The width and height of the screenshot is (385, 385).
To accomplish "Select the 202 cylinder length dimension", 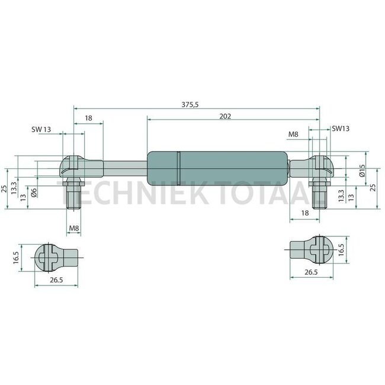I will coord(224,116).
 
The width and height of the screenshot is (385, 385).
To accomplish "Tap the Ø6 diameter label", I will coord(34,192).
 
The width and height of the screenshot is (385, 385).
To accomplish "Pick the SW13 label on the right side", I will coord(341,129).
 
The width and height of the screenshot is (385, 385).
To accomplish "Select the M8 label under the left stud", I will coord(74,228).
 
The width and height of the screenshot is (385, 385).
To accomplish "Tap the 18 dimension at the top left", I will coord(88,118).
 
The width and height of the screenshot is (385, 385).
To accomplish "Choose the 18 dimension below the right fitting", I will coord(305,212).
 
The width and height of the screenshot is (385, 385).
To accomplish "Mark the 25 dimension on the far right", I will coord(373,187).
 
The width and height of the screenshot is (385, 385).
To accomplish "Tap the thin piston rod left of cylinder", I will coord(124,167).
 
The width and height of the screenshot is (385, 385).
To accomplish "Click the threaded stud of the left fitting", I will coord(74,195).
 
